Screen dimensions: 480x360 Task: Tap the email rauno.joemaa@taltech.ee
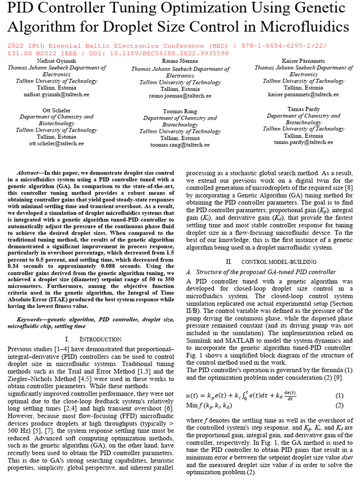pos(180,96)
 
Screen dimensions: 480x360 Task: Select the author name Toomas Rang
pos(180,112)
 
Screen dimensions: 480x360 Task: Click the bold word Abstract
pos(28,172)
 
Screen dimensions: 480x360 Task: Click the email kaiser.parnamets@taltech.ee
pos(303,94)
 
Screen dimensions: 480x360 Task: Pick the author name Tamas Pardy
pos(303,109)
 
